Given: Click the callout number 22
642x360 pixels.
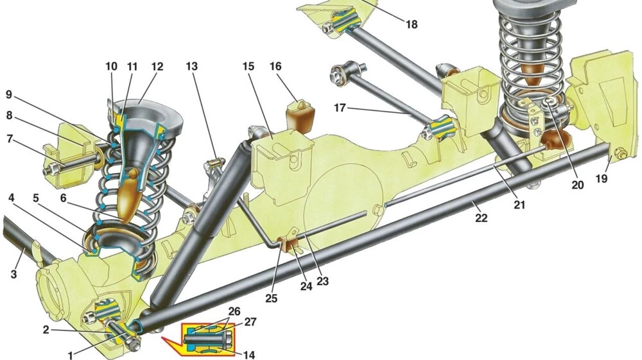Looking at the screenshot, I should pos(481,218).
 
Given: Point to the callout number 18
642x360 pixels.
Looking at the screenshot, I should pos(412,24).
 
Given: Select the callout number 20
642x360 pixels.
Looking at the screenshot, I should pos(578,185).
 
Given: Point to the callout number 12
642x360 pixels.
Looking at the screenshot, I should pos(157,66).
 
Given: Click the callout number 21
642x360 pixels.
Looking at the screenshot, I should pos(519,205).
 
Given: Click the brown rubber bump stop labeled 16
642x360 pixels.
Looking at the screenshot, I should pos(300,115).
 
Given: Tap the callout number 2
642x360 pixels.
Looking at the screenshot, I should pos(46,330).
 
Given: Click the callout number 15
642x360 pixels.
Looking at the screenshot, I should pos(250,66).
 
